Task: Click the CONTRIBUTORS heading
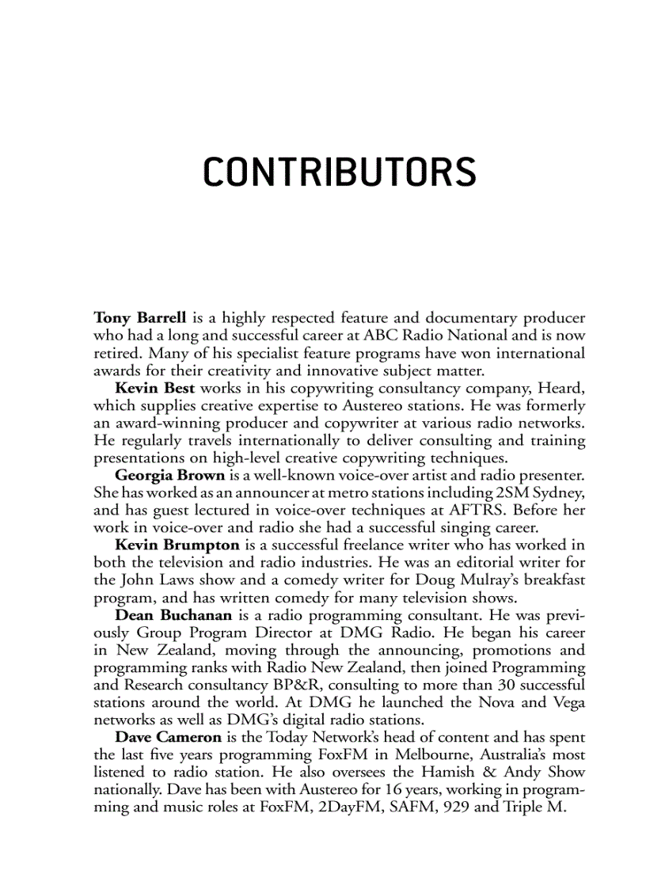(x=340, y=173)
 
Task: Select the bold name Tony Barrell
(x=139, y=318)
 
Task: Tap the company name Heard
(x=563, y=388)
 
